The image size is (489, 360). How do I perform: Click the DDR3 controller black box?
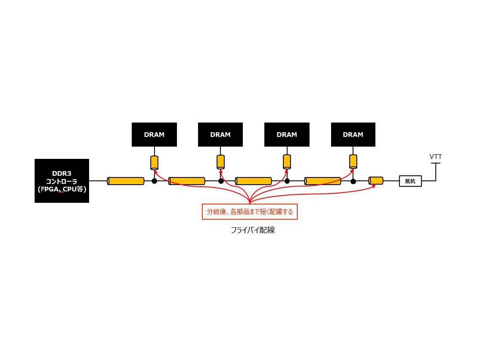(x=62, y=181)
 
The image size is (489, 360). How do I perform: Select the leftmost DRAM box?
(x=154, y=135)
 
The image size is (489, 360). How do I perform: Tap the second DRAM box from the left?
(x=220, y=135)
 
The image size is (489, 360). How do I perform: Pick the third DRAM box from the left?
(x=287, y=135)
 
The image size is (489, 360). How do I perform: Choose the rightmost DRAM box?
(x=353, y=135)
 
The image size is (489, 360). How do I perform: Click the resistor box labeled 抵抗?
(x=410, y=181)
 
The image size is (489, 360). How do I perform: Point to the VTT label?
(x=436, y=157)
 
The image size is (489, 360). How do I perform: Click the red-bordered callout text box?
(x=250, y=212)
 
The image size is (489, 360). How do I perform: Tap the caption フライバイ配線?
(x=253, y=230)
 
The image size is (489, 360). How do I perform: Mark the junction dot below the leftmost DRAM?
(x=155, y=181)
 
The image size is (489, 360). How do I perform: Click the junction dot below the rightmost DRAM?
(x=353, y=181)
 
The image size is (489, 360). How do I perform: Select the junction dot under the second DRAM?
(x=221, y=181)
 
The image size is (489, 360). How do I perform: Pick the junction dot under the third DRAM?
(x=287, y=181)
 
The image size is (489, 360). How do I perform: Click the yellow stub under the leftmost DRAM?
(x=155, y=162)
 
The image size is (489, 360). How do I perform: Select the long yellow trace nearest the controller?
(x=125, y=181)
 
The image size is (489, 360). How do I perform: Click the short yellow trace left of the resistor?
(x=376, y=181)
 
